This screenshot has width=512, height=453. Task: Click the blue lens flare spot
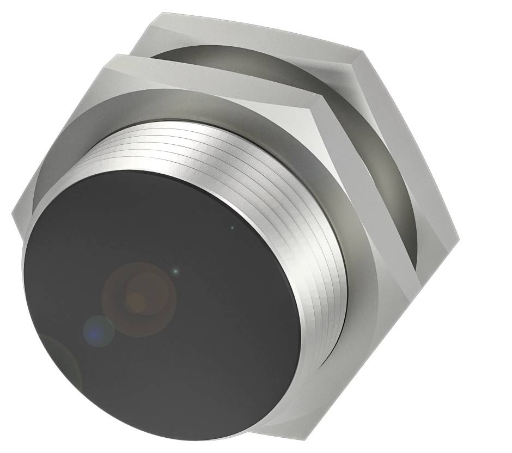pos(98,330)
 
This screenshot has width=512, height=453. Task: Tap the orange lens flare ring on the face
pos(139,299)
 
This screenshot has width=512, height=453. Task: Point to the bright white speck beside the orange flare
pos(175,271)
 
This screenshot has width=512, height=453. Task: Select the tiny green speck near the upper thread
pos(232,228)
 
